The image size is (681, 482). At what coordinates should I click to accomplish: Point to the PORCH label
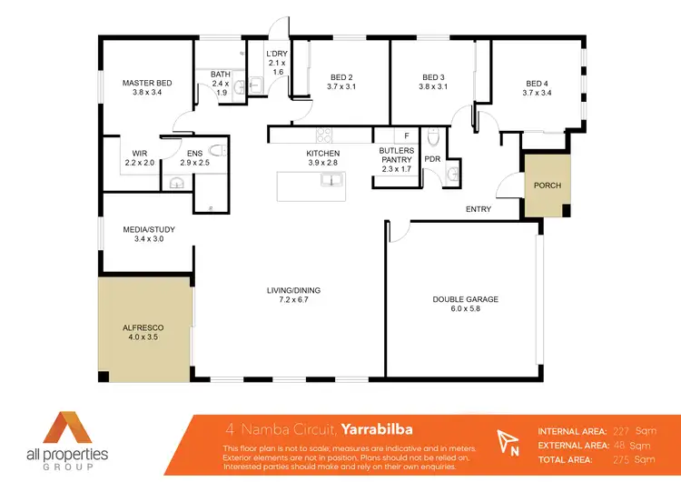tap(548, 186)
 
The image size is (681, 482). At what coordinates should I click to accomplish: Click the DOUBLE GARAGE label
tap(465, 299)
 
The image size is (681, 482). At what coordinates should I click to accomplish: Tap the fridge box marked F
tap(406, 136)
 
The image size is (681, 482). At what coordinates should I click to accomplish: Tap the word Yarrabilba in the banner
tap(378, 429)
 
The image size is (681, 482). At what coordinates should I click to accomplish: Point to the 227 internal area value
tap(622, 430)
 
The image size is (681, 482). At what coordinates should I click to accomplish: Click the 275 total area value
tap(622, 460)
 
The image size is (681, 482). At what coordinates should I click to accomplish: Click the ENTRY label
tap(479, 210)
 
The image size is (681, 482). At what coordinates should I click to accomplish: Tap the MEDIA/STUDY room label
tap(149, 229)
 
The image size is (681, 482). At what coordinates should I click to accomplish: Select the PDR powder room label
tap(432, 157)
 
